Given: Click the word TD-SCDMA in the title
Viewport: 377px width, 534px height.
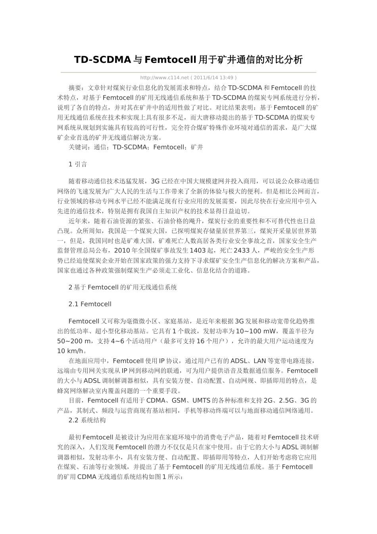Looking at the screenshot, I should [x=102, y=60].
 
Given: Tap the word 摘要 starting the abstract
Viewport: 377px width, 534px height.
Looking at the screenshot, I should [x=75, y=88].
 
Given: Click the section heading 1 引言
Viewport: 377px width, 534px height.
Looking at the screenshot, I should [x=78, y=164].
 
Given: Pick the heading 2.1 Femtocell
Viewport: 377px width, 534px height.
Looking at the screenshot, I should [x=90, y=304].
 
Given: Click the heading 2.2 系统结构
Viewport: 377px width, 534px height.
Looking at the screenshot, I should [x=87, y=420].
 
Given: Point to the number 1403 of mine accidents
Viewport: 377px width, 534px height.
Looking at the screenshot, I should [x=198, y=250].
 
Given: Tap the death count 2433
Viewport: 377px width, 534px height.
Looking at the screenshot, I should [x=242, y=250].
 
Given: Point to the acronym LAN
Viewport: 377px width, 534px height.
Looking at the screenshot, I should [x=260, y=361].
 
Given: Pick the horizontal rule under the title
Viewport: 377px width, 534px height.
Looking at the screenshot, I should [x=188, y=72].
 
